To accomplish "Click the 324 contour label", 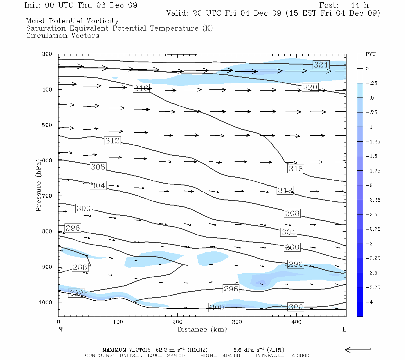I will pos(321,65).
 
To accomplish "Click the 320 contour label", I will pos(310,88).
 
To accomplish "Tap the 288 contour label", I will pos(80,267).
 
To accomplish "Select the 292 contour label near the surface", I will pos(76,293).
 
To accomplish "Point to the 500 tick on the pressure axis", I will pos(47,125).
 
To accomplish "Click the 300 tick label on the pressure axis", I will pos(47,54).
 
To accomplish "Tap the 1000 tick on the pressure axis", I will pos(46,302).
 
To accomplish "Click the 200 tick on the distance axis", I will pos(178,322).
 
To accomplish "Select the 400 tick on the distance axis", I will pos(296,322).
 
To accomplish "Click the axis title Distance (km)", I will pos(202,329).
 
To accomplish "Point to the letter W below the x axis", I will pos(61,329).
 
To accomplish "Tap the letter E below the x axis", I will pos(344,329).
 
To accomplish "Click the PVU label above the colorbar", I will pos(370,54).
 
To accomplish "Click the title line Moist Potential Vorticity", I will pos(72,21).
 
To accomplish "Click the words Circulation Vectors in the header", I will pos(62,36).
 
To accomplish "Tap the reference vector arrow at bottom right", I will pos(357,350).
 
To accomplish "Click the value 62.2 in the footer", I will pos(162,350).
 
